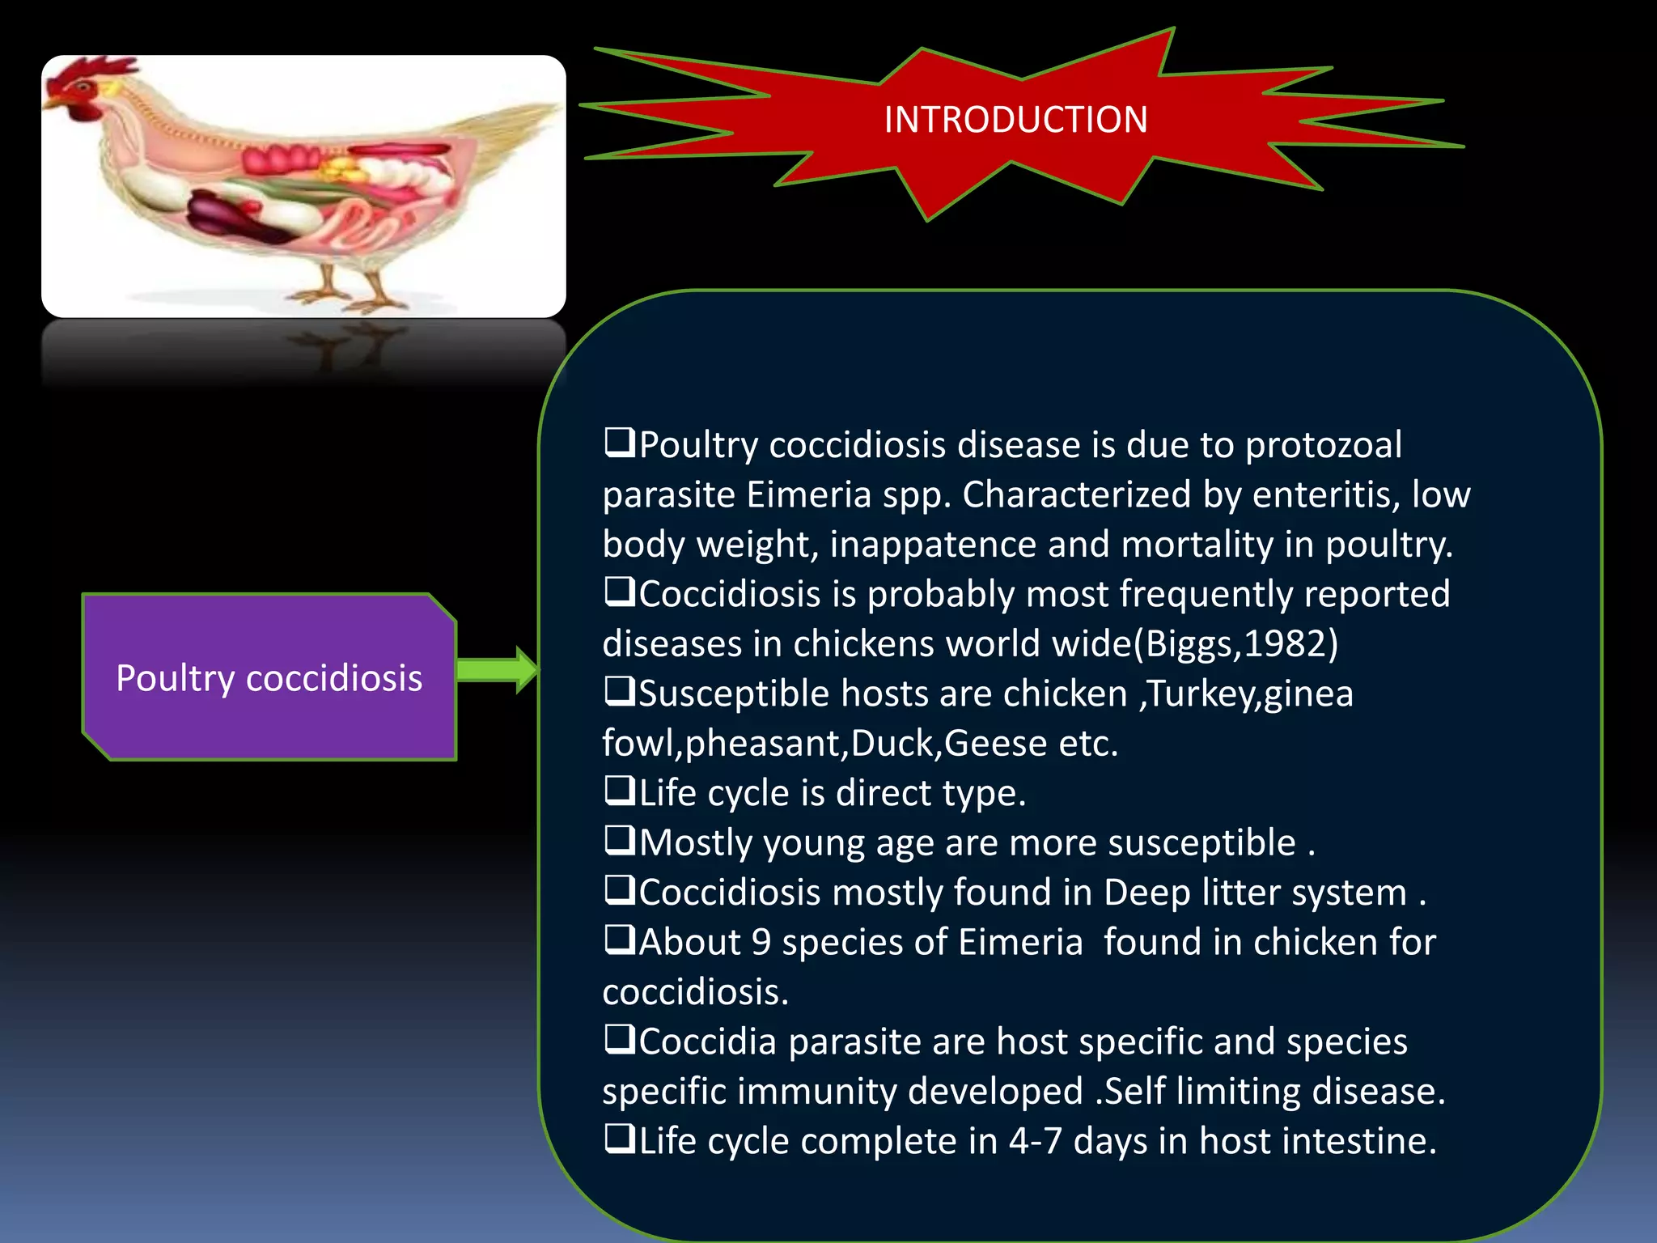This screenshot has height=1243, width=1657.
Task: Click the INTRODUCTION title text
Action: point(1015,120)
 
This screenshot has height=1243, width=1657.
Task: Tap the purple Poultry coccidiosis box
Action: point(269,677)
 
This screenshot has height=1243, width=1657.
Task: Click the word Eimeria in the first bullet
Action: point(808,494)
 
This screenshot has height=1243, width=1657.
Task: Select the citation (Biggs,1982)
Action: point(1235,644)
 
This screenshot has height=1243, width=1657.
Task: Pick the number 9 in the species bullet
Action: point(761,943)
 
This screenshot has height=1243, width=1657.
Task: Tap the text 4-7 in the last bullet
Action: point(1035,1141)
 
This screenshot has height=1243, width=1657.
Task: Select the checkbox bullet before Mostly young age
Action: point(620,841)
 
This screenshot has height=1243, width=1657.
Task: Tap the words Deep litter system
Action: point(1255,893)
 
